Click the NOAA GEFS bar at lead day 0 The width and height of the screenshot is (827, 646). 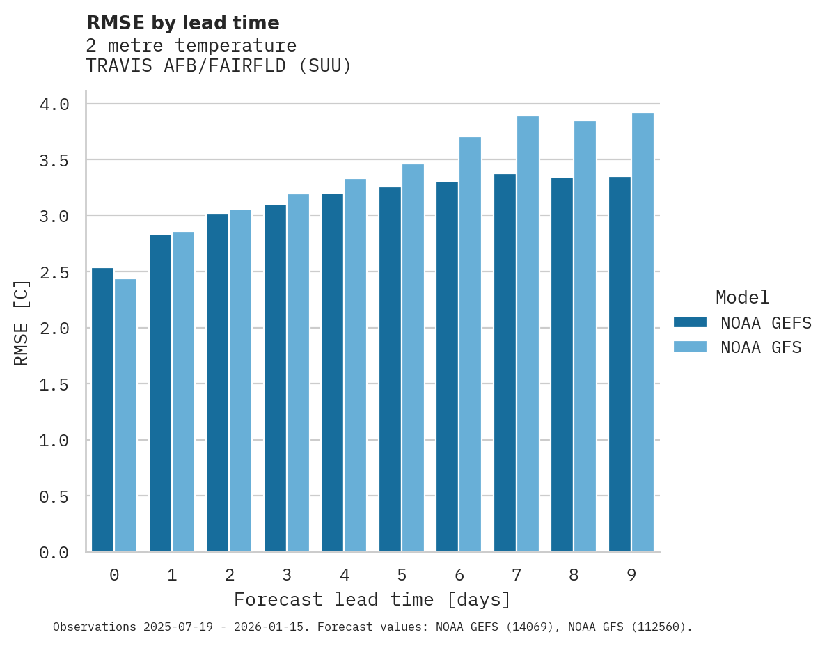102,410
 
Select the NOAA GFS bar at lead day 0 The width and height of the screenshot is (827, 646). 125,416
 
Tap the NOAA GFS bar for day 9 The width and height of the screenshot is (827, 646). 643,333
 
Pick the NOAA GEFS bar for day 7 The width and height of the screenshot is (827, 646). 505,363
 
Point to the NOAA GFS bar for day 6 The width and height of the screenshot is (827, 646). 470,345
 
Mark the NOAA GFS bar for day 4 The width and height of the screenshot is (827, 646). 355,365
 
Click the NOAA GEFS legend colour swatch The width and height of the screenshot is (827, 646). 690,322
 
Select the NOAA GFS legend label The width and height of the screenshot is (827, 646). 761,347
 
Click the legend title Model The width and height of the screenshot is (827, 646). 742,298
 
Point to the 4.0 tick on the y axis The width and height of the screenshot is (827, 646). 54,104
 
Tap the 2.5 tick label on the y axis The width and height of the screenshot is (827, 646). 54,272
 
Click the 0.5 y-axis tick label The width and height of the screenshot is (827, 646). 54,496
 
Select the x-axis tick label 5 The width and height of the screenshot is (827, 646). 402,576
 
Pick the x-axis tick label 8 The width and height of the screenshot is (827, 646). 574,576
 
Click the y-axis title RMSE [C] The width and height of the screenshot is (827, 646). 22,322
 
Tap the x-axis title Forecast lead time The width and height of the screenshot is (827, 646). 372,600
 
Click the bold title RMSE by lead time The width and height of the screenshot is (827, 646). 182,23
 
